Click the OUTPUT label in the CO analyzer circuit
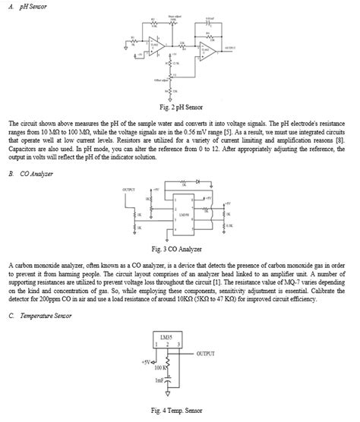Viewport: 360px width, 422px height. tap(131, 188)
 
